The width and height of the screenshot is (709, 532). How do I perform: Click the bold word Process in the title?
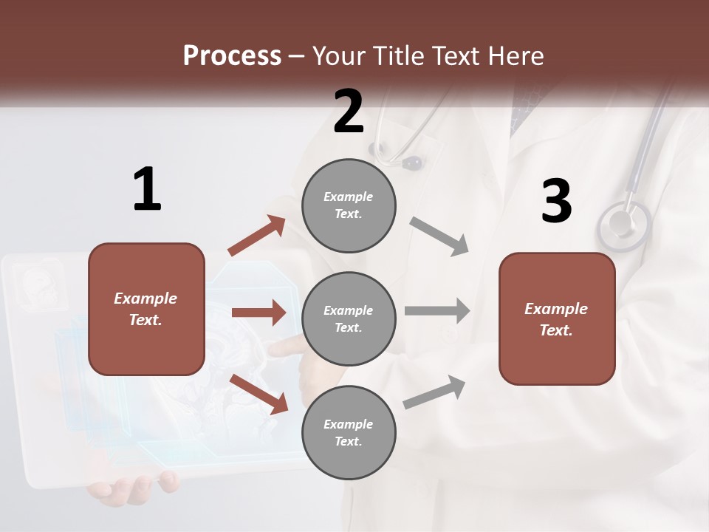[x=232, y=56]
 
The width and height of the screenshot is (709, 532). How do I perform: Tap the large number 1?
[x=147, y=189]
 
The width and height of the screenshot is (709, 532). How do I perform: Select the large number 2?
[x=349, y=112]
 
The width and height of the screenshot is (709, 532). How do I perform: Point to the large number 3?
[x=556, y=202]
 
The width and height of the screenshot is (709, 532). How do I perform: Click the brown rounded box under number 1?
[x=146, y=309]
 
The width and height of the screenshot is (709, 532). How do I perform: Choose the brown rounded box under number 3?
[x=557, y=318]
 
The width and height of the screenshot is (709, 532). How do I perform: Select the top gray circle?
[x=349, y=205]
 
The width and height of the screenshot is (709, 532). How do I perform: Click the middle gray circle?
[x=349, y=318]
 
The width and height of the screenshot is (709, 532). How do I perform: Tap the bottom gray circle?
[x=349, y=432]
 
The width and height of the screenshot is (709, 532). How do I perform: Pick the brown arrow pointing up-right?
[x=257, y=236]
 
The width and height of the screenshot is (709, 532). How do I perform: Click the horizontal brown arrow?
[x=258, y=313]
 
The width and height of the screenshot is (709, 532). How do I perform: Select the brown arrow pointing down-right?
[x=259, y=393]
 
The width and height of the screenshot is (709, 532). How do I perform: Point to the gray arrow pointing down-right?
[x=439, y=236]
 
